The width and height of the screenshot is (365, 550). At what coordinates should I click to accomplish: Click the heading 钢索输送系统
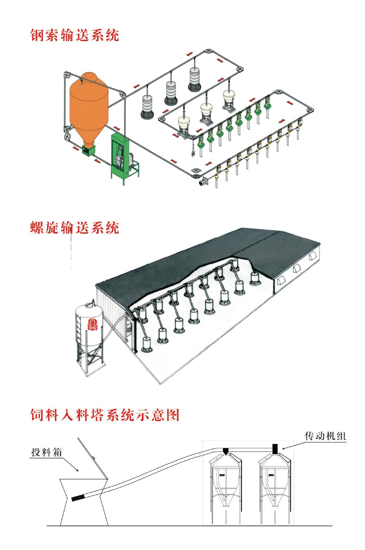pyautogui.click(x=74, y=35)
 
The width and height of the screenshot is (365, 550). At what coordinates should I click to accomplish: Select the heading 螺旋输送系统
pyautogui.click(x=74, y=228)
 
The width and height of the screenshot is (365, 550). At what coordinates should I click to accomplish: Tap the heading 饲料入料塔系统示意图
pyautogui.click(x=105, y=414)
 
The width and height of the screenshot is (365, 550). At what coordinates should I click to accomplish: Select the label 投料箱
pyautogui.click(x=46, y=453)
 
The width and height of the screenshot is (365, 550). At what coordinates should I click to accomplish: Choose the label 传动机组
pyautogui.click(x=325, y=436)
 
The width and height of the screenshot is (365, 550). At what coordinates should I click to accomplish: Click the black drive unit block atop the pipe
pyautogui.click(x=275, y=448)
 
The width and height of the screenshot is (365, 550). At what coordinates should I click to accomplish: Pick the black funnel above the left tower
pyautogui.click(x=226, y=452)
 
